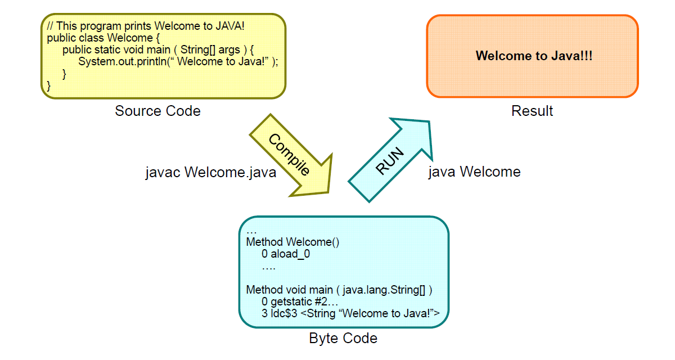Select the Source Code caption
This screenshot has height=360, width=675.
(x=157, y=111)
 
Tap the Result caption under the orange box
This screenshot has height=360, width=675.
(x=532, y=111)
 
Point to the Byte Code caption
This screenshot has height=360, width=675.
(x=343, y=338)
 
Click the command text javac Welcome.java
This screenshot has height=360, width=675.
(x=211, y=172)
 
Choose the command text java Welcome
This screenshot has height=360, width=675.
(x=474, y=172)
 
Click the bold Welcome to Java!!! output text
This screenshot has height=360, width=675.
(x=534, y=56)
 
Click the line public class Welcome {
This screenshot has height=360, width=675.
(x=103, y=38)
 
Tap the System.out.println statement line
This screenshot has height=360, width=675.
(x=178, y=62)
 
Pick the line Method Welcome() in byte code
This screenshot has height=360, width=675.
(x=293, y=242)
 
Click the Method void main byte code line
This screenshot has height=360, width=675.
(x=339, y=290)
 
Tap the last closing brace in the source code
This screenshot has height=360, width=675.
(x=49, y=86)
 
